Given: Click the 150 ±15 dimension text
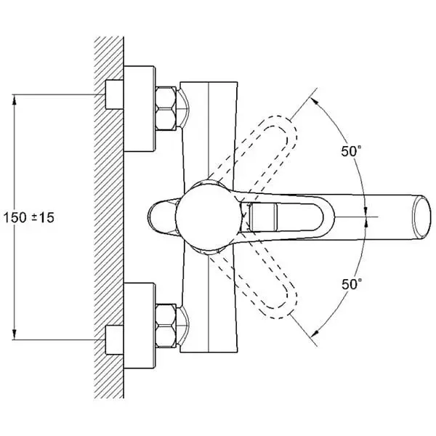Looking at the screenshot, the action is (28, 217).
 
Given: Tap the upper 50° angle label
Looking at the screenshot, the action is (352, 151).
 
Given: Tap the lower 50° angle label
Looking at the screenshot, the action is (352, 284).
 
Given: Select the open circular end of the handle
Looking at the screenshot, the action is (422, 217).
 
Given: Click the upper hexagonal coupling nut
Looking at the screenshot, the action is (166, 108).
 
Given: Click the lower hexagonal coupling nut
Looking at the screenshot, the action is (166, 326).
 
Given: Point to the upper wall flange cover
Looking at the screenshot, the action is (140, 109).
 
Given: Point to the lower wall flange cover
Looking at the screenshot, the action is (140, 326).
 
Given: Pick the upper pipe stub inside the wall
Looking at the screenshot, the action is (114, 94).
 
